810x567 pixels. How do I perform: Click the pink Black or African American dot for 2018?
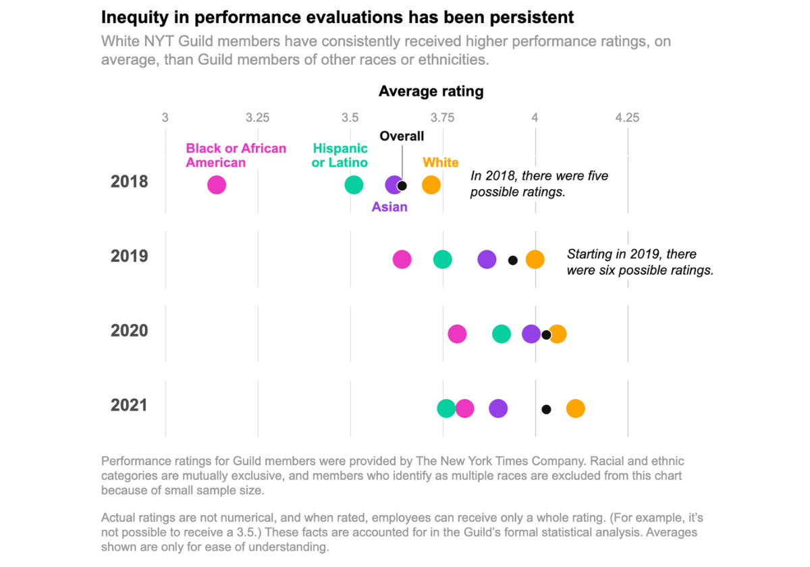pyautogui.click(x=217, y=185)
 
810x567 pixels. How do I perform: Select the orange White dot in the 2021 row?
pyautogui.click(x=575, y=408)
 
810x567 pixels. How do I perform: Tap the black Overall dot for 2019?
pyautogui.click(x=513, y=260)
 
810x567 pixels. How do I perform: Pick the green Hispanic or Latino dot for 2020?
pyautogui.click(x=501, y=333)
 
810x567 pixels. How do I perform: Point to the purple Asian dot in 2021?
pyautogui.click(x=498, y=408)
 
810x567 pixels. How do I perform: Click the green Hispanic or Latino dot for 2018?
pyautogui.click(x=354, y=185)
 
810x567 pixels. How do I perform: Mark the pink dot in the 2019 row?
pyautogui.click(x=402, y=259)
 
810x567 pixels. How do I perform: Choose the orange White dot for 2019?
pyautogui.click(x=535, y=259)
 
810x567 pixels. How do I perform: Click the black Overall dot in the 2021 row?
pyautogui.click(x=546, y=409)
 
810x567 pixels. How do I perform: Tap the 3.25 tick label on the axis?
pyautogui.click(x=257, y=117)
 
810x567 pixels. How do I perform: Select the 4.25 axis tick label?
pyautogui.click(x=627, y=117)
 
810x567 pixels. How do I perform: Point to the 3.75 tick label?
pyautogui.click(x=442, y=117)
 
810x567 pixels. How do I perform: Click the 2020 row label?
pyautogui.click(x=129, y=331)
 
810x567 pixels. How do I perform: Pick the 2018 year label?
pyautogui.click(x=129, y=182)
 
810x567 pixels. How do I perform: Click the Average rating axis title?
pyautogui.click(x=431, y=92)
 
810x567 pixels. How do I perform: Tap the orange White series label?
pyautogui.click(x=440, y=163)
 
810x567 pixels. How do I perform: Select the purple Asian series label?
pyautogui.click(x=389, y=207)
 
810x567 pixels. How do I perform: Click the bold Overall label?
pyautogui.click(x=402, y=136)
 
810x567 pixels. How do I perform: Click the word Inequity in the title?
pyautogui.click(x=134, y=18)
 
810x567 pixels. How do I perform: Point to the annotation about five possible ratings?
pyautogui.click(x=539, y=184)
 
